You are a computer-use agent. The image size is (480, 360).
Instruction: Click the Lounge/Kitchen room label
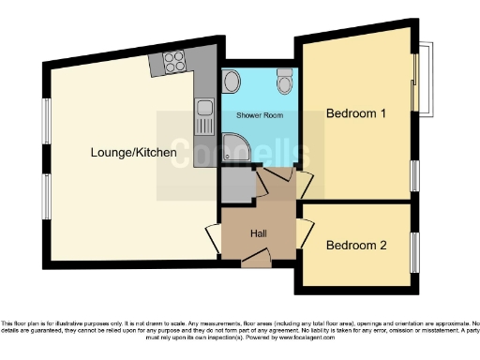pos(134,152)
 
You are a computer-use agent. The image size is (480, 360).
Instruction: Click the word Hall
pos(260,232)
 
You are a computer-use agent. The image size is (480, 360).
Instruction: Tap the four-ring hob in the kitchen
pos(173,63)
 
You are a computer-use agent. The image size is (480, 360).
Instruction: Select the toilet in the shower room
pos(284,85)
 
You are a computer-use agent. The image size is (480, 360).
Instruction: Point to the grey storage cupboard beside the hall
pos(236,188)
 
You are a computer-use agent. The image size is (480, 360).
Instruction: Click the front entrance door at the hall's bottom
pos(254,261)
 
